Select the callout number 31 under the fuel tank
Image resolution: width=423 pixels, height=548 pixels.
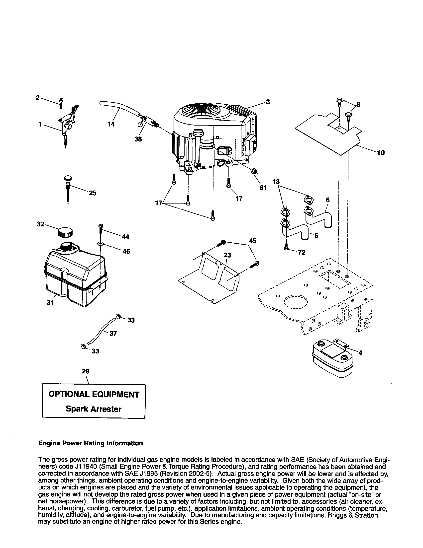pyautogui.click(x=50, y=303)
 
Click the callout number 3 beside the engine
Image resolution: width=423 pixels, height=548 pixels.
pyautogui.click(x=268, y=102)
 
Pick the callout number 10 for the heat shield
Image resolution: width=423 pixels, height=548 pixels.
pyautogui.click(x=381, y=152)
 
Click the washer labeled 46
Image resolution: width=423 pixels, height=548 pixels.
pyautogui.click(x=101, y=244)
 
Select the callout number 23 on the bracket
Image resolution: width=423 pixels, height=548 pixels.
pyautogui.click(x=227, y=255)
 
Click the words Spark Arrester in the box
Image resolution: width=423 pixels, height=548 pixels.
pyautogui.click(x=94, y=409)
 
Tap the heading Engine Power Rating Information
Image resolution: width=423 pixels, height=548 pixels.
pyautogui.click(x=91, y=443)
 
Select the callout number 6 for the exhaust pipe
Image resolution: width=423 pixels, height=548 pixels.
pyautogui.click(x=327, y=200)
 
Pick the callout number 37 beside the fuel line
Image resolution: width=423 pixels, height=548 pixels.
pyautogui.click(x=113, y=334)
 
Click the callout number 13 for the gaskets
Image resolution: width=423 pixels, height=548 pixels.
pyautogui.click(x=276, y=181)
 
